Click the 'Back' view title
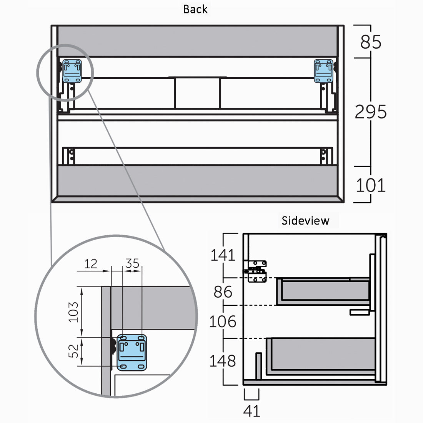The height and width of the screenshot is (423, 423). (195, 9)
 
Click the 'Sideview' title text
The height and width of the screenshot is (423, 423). (305, 221)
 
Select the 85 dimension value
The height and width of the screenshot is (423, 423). (371, 42)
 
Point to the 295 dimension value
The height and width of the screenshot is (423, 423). (371, 112)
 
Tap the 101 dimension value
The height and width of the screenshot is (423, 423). (371, 185)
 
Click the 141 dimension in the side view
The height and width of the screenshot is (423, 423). (222, 255)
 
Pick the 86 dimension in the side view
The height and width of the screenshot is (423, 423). (223, 292)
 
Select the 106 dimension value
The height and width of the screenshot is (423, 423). (222, 321)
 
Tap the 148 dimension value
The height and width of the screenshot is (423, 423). (222, 361)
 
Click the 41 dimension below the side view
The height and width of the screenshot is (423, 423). (251, 411)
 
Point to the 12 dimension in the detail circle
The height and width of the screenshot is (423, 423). (91, 264)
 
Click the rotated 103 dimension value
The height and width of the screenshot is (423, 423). (73, 311)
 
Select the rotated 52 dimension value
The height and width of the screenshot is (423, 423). (73, 351)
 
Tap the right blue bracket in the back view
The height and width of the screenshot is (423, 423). (323, 71)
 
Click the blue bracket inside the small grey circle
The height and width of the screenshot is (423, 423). (72, 71)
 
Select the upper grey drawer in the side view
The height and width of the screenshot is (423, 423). (323, 291)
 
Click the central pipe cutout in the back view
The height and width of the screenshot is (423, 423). (198, 93)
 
